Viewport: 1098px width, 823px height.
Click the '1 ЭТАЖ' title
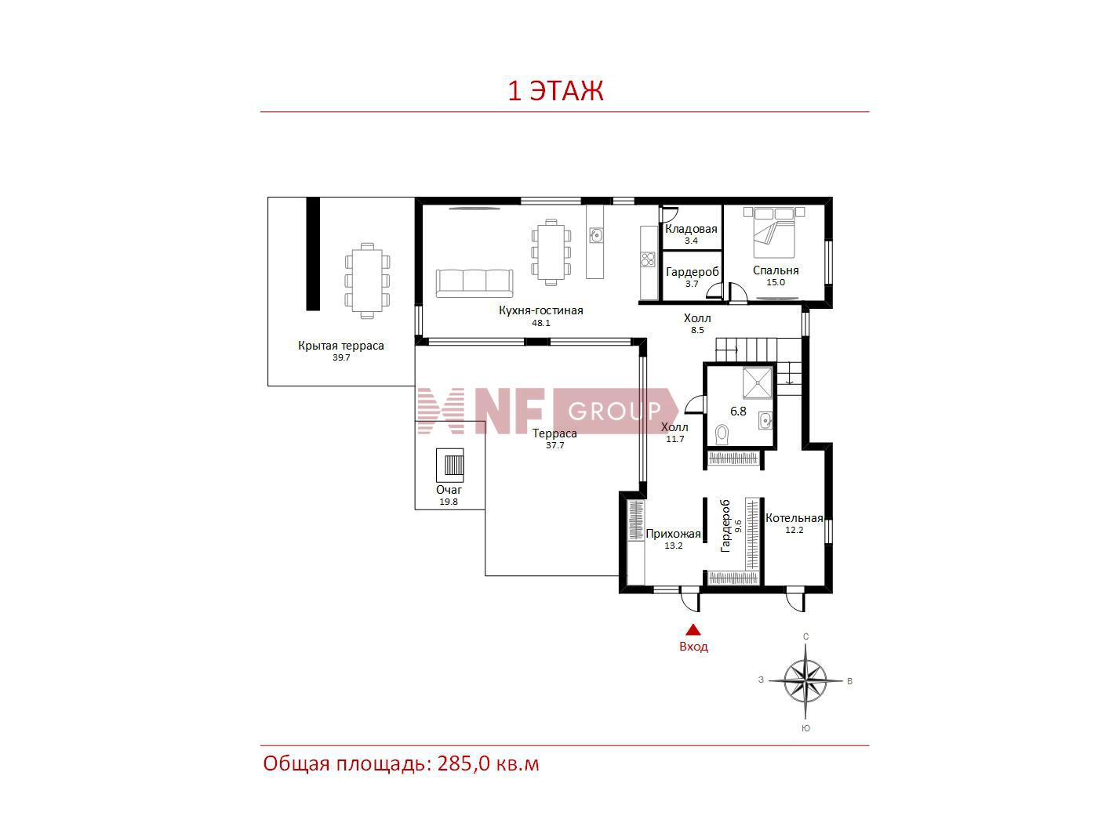555,91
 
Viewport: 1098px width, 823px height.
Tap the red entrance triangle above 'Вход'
693,629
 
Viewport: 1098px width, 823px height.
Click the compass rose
805,681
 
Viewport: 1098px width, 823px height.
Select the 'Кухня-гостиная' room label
540,310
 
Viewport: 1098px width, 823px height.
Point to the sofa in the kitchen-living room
474,283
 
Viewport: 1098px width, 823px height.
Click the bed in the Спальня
774,232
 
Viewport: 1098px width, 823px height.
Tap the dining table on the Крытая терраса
367,281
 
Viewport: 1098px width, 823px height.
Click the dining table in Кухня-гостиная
551,252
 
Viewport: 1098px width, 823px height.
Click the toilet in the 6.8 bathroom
722,434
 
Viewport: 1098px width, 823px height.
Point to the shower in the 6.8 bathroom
758,382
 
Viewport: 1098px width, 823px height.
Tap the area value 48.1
540,323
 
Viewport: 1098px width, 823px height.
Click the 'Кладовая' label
691,229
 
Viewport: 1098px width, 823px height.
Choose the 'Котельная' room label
794,518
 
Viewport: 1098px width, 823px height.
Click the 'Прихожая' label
673,534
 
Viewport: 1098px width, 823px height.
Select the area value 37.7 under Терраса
554,445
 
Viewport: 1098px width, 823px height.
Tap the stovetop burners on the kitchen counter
649,259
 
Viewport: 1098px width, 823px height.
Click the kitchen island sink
595,235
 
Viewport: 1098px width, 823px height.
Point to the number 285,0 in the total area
464,763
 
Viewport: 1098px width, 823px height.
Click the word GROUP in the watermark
615,411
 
